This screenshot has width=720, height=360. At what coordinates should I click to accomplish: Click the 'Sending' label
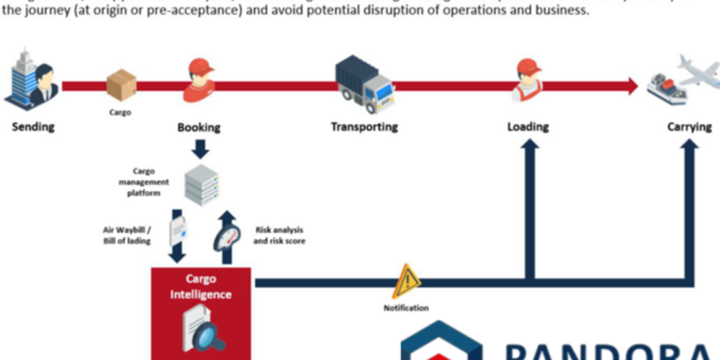(x=33, y=127)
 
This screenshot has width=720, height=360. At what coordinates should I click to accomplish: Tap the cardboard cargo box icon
(x=121, y=85)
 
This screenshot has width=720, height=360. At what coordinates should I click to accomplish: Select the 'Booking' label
(x=199, y=127)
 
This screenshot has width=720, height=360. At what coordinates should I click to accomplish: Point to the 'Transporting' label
(x=364, y=127)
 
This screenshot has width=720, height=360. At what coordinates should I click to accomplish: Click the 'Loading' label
(x=528, y=127)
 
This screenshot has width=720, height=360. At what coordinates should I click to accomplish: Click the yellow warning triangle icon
(x=407, y=280)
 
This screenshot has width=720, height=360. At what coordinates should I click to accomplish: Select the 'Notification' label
(x=406, y=308)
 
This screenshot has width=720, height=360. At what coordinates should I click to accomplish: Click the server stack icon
(x=201, y=184)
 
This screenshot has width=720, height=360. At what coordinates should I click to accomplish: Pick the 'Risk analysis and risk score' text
(x=279, y=235)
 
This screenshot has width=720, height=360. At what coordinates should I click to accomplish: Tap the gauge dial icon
(x=226, y=236)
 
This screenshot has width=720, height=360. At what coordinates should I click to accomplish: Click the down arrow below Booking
(x=200, y=148)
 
